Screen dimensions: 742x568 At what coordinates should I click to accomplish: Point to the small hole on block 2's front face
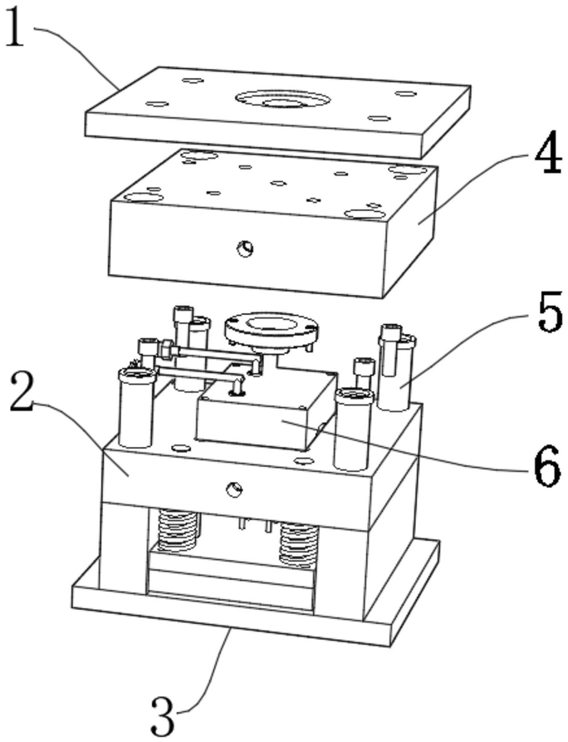tap(236, 489)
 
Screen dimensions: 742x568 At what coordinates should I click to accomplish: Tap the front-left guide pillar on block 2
tap(136, 407)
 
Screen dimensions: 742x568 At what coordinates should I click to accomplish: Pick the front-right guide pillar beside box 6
tap(351, 428)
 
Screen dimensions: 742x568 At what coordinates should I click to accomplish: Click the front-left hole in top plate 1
tap(156, 104)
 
